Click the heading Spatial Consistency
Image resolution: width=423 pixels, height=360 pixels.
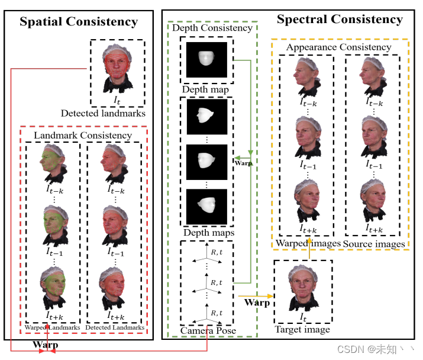click(x=79, y=22)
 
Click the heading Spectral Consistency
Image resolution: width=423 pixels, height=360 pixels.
click(x=340, y=19)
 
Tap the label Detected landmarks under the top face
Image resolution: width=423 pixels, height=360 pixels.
click(x=103, y=112)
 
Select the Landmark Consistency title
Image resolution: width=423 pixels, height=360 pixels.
click(x=83, y=136)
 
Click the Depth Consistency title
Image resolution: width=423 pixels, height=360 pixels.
click(x=212, y=28)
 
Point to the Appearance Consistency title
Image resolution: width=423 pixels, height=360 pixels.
click(x=338, y=47)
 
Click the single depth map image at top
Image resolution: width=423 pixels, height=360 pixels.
click(x=206, y=59)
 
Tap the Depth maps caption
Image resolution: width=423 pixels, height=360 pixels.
click(x=208, y=233)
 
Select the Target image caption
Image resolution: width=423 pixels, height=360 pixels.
click(x=302, y=329)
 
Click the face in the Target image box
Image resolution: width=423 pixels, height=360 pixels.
click(x=302, y=287)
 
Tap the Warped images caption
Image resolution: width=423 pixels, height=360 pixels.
click(x=308, y=243)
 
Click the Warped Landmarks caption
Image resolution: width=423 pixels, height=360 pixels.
click(x=52, y=327)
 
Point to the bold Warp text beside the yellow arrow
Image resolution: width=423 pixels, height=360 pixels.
click(x=257, y=303)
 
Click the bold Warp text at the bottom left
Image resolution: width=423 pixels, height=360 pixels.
click(x=45, y=344)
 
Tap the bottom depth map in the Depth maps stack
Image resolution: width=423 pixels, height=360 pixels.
click(x=206, y=205)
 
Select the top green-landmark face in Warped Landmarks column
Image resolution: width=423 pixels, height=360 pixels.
click(x=53, y=163)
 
